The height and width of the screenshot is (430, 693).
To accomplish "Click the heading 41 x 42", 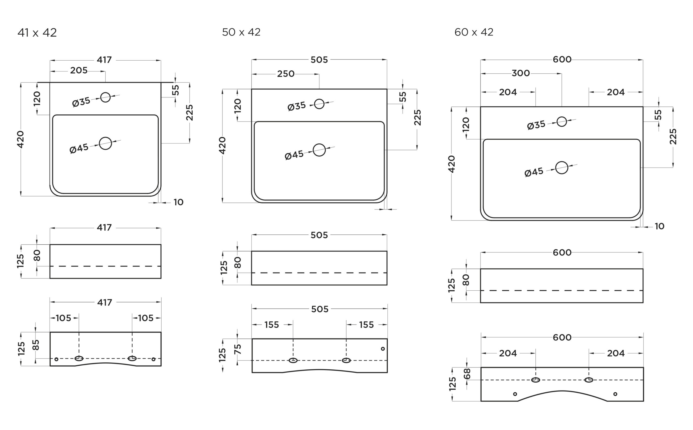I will [37, 33].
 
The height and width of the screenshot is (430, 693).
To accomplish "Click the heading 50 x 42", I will [241, 32].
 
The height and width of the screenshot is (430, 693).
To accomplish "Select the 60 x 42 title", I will [474, 32].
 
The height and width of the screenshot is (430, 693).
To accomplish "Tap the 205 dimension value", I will [79, 71].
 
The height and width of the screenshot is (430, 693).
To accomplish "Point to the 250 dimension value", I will [286, 74].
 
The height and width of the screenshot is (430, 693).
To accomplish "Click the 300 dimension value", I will [521, 73].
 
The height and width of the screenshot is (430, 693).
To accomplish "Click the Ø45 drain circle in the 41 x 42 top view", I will [105, 143].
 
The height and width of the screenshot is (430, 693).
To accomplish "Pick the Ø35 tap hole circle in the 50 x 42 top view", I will [319, 104].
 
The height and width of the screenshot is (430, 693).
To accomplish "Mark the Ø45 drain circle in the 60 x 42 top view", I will [561, 168].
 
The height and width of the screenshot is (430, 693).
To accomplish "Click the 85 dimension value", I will [36, 345].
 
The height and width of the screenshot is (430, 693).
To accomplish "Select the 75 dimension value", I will [238, 349].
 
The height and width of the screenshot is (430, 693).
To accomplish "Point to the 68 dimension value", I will [467, 374].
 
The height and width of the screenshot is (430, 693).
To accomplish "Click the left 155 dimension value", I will [272, 325].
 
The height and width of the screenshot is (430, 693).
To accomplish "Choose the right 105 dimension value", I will [146, 318].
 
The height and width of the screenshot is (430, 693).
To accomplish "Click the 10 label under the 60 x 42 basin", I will [659, 227].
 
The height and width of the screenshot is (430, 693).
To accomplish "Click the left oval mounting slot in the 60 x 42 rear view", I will [535, 380].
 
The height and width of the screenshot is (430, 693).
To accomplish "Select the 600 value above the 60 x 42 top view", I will [562, 60].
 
